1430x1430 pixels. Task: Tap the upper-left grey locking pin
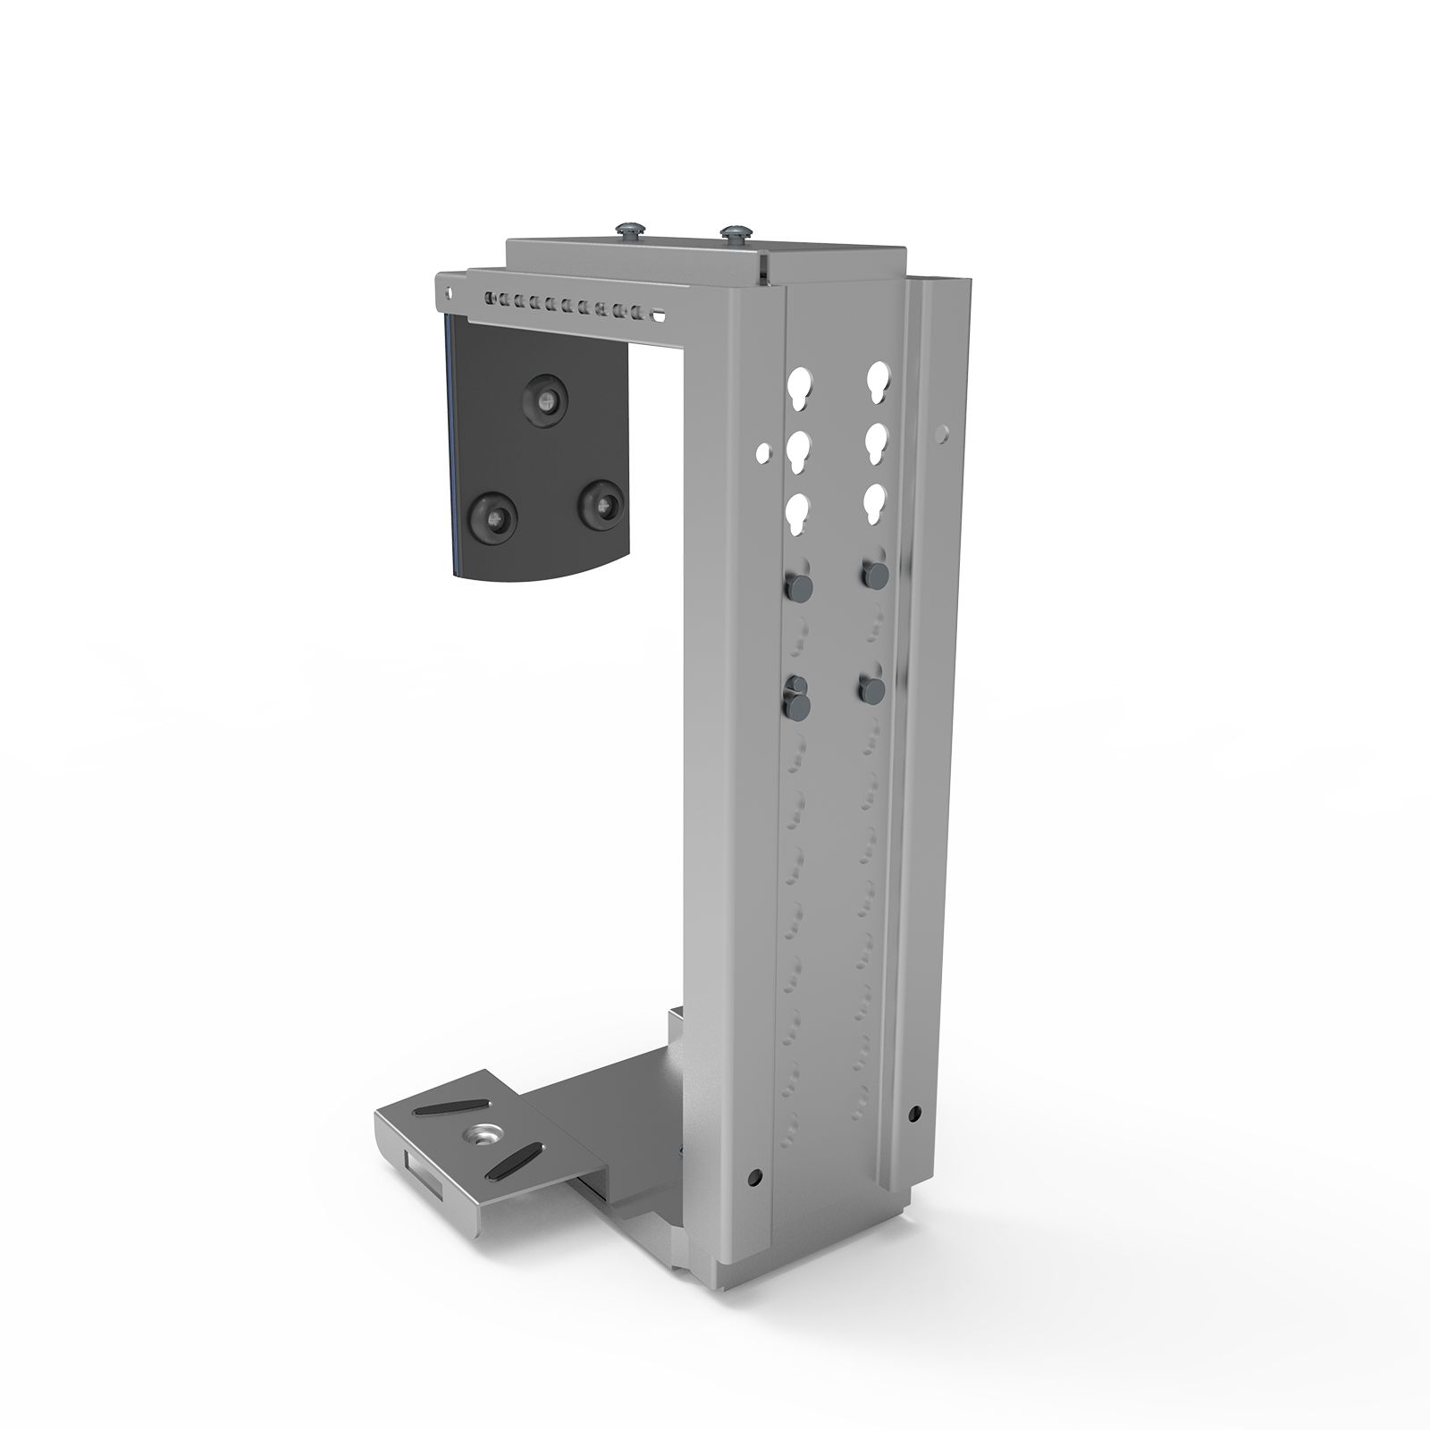pyautogui.click(x=795, y=586)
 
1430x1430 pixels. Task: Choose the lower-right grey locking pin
pyautogui.click(x=871, y=688)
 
